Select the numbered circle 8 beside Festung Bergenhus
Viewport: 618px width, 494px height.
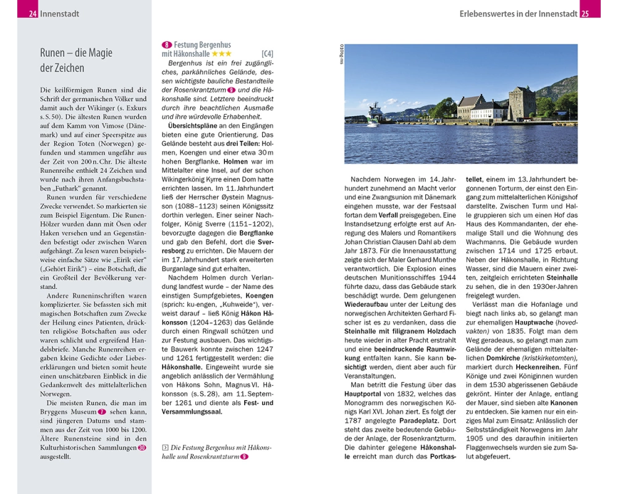click(166, 45)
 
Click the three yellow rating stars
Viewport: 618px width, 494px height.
click(222, 54)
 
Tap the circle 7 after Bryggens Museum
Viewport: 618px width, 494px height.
click(103, 411)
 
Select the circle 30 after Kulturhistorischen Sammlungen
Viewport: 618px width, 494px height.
click(143, 448)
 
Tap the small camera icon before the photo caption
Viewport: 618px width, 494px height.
click(164, 448)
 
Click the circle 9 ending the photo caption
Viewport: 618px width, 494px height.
click(244, 456)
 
